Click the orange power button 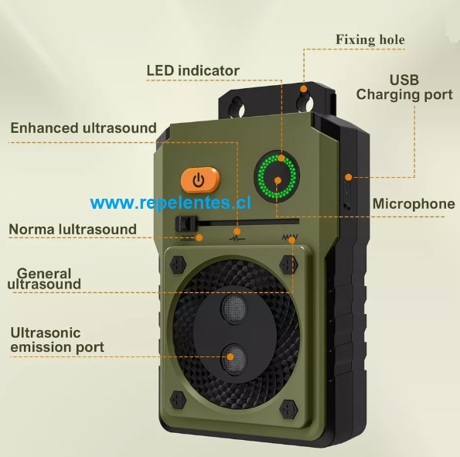tap(200, 180)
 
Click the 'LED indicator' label tap(193, 70)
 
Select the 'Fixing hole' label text tap(370, 39)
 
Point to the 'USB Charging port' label tap(404, 87)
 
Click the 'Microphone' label tap(414, 203)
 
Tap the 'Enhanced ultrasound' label tap(83, 128)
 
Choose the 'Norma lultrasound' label tap(73, 229)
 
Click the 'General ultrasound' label tap(44, 279)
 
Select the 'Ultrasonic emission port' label tap(57, 340)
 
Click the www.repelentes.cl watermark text tap(171, 203)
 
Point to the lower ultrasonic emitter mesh tap(233, 359)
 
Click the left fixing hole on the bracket tap(237, 107)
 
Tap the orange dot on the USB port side tap(349, 177)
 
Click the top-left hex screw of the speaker tap(178, 264)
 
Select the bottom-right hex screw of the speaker tap(289, 408)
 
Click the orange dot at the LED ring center tap(278, 180)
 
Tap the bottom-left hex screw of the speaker tap(178, 400)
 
